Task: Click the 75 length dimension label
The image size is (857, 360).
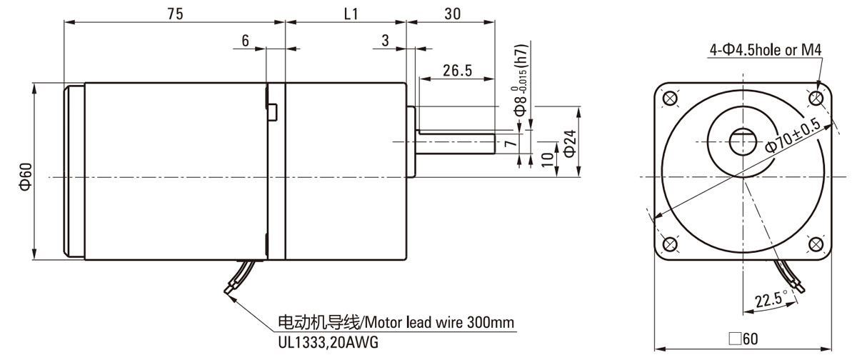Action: click(175, 14)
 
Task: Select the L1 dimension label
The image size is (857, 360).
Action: click(351, 14)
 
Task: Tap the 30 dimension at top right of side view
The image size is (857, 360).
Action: click(453, 14)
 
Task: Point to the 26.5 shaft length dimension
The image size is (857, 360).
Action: click(458, 71)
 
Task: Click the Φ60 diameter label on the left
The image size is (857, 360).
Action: click(26, 176)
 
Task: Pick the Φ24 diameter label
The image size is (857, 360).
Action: click(570, 143)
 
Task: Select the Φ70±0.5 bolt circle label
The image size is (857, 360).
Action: click(793, 135)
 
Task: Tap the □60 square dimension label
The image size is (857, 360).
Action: click(743, 339)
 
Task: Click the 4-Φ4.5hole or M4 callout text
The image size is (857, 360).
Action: click(766, 50)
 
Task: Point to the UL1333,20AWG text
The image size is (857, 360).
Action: click(329, 342)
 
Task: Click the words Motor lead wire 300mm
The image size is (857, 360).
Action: click(440, 323)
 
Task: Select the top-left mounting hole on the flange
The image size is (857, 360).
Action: click(670, 99)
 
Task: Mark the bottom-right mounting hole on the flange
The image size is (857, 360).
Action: click(816, 244)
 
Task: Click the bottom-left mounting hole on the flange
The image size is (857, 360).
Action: click(670, 244)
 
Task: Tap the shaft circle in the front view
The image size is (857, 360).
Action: click(743, 142)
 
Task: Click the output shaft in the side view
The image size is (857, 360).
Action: click(456, 144)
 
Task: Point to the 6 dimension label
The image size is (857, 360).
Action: click(245, 41)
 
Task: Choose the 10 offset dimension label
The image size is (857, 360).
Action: click(548, 159)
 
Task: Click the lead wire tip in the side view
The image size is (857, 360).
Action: click(227, 291)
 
